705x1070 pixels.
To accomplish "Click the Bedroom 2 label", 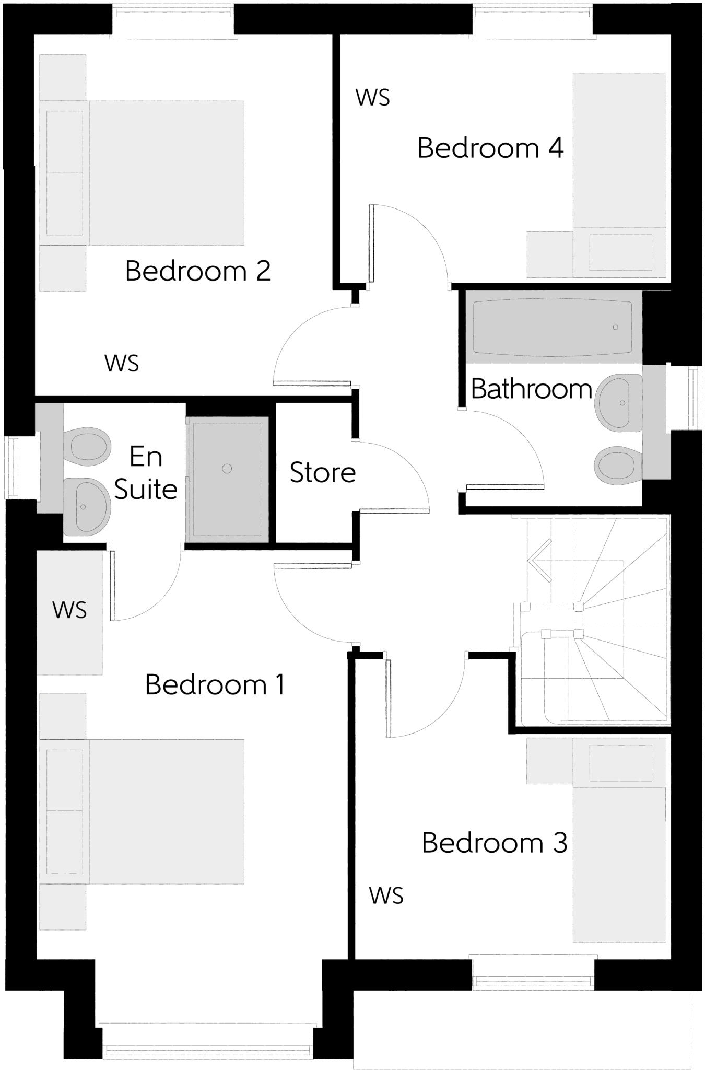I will [198, 271].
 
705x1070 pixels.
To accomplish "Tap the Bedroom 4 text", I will [490, 148].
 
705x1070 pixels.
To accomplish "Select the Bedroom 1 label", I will [215, 684].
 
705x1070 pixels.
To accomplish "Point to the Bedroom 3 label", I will [494, 843].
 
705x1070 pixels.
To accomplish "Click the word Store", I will [323, 473].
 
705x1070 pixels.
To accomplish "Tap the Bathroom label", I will [531, 389].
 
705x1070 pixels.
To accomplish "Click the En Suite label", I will [146, 473].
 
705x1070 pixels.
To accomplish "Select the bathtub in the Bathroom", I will [553, 327].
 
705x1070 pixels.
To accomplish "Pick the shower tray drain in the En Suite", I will [227, 469].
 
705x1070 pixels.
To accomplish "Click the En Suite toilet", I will [88, 447].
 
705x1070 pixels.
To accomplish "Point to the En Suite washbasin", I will [86, 506].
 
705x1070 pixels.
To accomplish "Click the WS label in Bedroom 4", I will [372, 98].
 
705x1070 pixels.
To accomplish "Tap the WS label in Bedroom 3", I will [386, 895].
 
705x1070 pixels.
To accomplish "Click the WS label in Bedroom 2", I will [122, 364].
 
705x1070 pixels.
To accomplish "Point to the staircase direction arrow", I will [539, 561].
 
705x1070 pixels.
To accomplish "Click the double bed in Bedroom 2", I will [166, 173].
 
